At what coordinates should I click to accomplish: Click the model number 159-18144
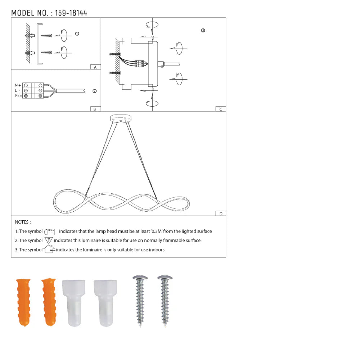pyautogui.click(x=71, y=13)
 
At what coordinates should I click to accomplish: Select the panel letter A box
pyautogui.click(x=95, y=67)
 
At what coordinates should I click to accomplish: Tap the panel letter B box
pyautogui.click(x=95, y=109)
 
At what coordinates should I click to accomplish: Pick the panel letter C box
pyautogui.click(x=220, y=109)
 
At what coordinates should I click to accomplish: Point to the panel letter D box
pyautogui.click(x=220, y=213)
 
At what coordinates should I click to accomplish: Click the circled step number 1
pyautogui.click(x=77, y=33)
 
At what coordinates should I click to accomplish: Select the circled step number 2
pyautogui.click(x=94, y=91)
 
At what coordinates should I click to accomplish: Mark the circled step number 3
pyautogui.click(x=203, y=31)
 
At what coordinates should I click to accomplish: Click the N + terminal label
pyautogui.click(x=17, y=85)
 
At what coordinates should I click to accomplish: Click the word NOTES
pyautogui.click(x=23, y=222)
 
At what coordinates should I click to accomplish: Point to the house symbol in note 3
pyautogui.click(x=49, y=249)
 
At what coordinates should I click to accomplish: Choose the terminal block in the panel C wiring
pyautogui.click(x=139, y=64)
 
